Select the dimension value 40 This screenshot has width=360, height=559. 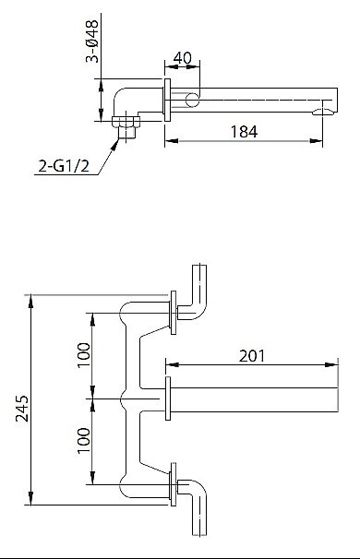(x=182, y=58)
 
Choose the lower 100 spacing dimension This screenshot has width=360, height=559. (x=83, y=440)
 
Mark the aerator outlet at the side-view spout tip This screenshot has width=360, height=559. (x=322, y=112)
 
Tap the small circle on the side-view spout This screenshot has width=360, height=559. (x=192, y=99)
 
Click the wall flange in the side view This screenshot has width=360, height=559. (x=167, y=100)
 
